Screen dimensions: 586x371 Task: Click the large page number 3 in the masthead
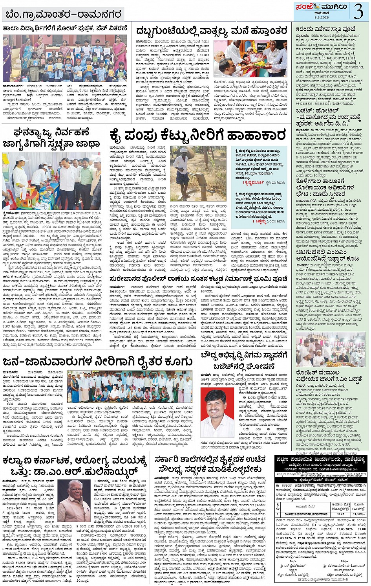(358, 12)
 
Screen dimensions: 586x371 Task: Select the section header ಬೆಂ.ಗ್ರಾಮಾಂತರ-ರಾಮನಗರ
(63, 15)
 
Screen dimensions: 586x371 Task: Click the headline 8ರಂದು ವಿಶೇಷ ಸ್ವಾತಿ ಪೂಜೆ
(325, 29)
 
